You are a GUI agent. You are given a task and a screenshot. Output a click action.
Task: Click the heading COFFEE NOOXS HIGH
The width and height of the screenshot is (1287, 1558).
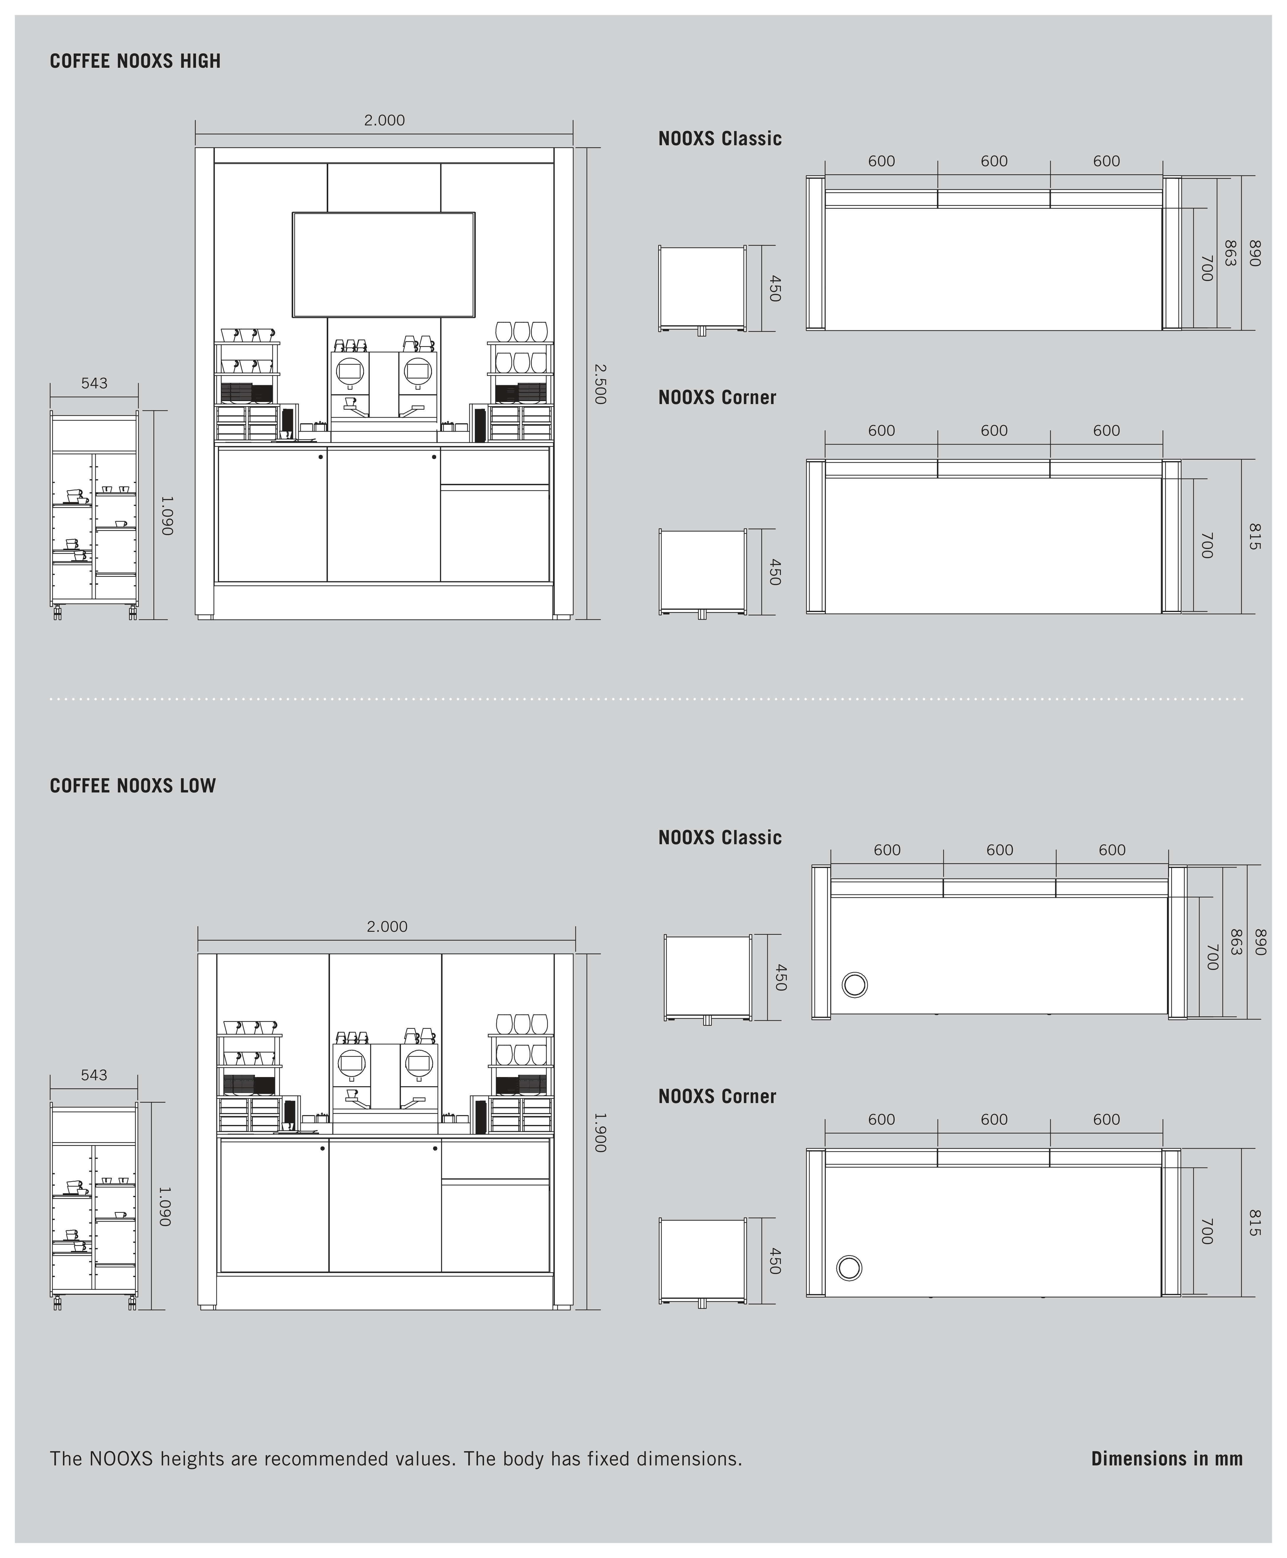pos(135,61)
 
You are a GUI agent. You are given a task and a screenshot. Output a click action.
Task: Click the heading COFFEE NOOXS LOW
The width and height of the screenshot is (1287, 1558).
pos(133,786)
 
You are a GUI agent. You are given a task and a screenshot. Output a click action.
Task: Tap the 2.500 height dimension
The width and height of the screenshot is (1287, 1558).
pos(600,383)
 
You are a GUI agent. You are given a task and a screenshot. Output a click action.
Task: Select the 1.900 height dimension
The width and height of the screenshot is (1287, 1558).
pos(600,1132)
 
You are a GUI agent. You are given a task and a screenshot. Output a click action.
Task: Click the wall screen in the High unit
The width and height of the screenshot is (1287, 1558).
pos(384,265)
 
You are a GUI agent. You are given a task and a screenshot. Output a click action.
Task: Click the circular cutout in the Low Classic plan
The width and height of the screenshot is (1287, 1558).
pos(855,985)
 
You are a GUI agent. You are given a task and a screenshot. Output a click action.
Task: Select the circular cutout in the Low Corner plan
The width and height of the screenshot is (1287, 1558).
pos(850,1268)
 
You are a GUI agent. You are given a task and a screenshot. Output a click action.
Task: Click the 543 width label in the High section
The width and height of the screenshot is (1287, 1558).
pos(94,383)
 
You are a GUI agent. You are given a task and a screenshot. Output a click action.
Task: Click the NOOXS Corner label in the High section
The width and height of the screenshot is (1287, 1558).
pos(717,398)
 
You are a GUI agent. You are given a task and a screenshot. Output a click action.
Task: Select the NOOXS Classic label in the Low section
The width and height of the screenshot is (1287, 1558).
pos(720,838)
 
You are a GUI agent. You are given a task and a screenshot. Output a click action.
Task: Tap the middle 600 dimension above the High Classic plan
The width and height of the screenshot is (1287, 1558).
pos(994,161)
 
